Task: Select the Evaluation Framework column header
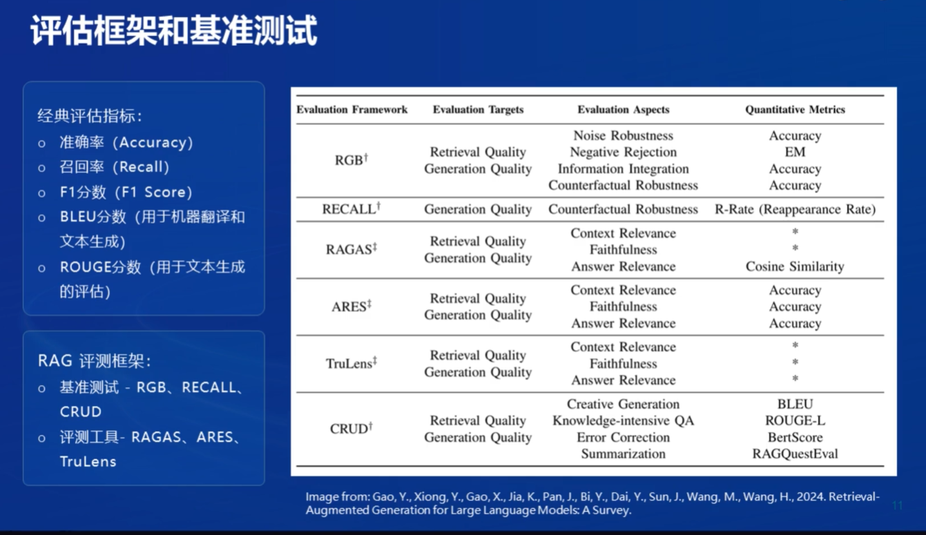tap(352, 109)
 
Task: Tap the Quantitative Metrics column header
tap(795, 109)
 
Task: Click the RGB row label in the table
tap(351, 160)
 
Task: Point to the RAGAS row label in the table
tap(351, 249)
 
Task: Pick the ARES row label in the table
tap(351, 307)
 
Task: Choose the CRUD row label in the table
tap(351, 429)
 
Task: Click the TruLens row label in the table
tap(351, 363)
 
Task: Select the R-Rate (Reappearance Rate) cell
tap(795, 209)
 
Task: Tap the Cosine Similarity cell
tap(795, 266)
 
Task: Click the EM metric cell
tap(795, 152)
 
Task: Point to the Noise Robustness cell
tap(623, 135)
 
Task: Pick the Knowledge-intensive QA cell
tap(623, 420)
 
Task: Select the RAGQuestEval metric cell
tap(795, 454)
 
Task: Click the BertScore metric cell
tap(795, 437)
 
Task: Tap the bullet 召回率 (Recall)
tap(115, 167)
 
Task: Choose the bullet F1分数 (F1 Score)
tap(126, 192)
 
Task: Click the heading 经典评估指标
tap(90, 116)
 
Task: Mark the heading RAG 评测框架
tap(95, 361)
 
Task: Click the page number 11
tap(898, 506)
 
